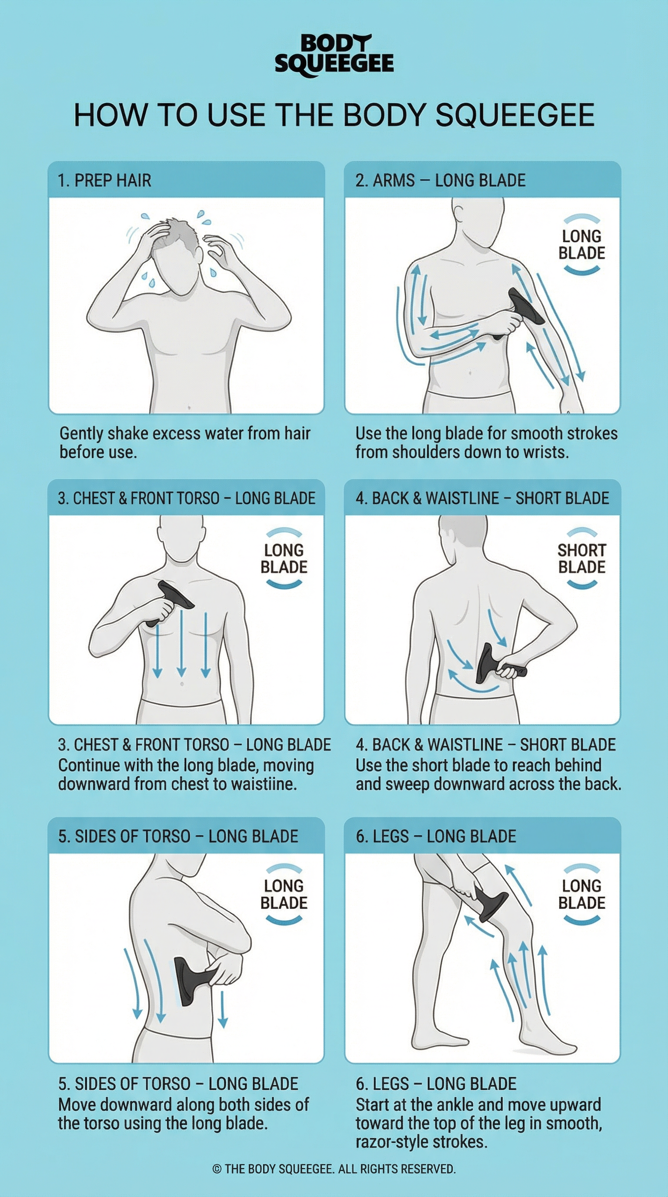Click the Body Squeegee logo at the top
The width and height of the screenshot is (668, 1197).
[334, 55]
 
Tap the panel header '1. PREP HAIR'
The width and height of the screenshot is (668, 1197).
[104, 181]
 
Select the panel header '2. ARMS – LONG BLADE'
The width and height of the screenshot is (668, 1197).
[441, 181]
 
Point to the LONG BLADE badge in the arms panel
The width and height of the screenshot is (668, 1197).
[581, 244]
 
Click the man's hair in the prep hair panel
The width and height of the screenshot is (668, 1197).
[179, 237]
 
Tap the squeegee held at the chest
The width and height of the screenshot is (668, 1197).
[170, 602]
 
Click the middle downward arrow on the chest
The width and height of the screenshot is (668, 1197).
[181, 643]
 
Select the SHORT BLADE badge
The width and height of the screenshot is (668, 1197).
[581, 558]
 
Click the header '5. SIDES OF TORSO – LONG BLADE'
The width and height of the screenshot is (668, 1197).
[178, 836]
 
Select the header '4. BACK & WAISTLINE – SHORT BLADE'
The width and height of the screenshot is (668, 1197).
[482, 498]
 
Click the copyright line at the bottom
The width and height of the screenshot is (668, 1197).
[334, 1169]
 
